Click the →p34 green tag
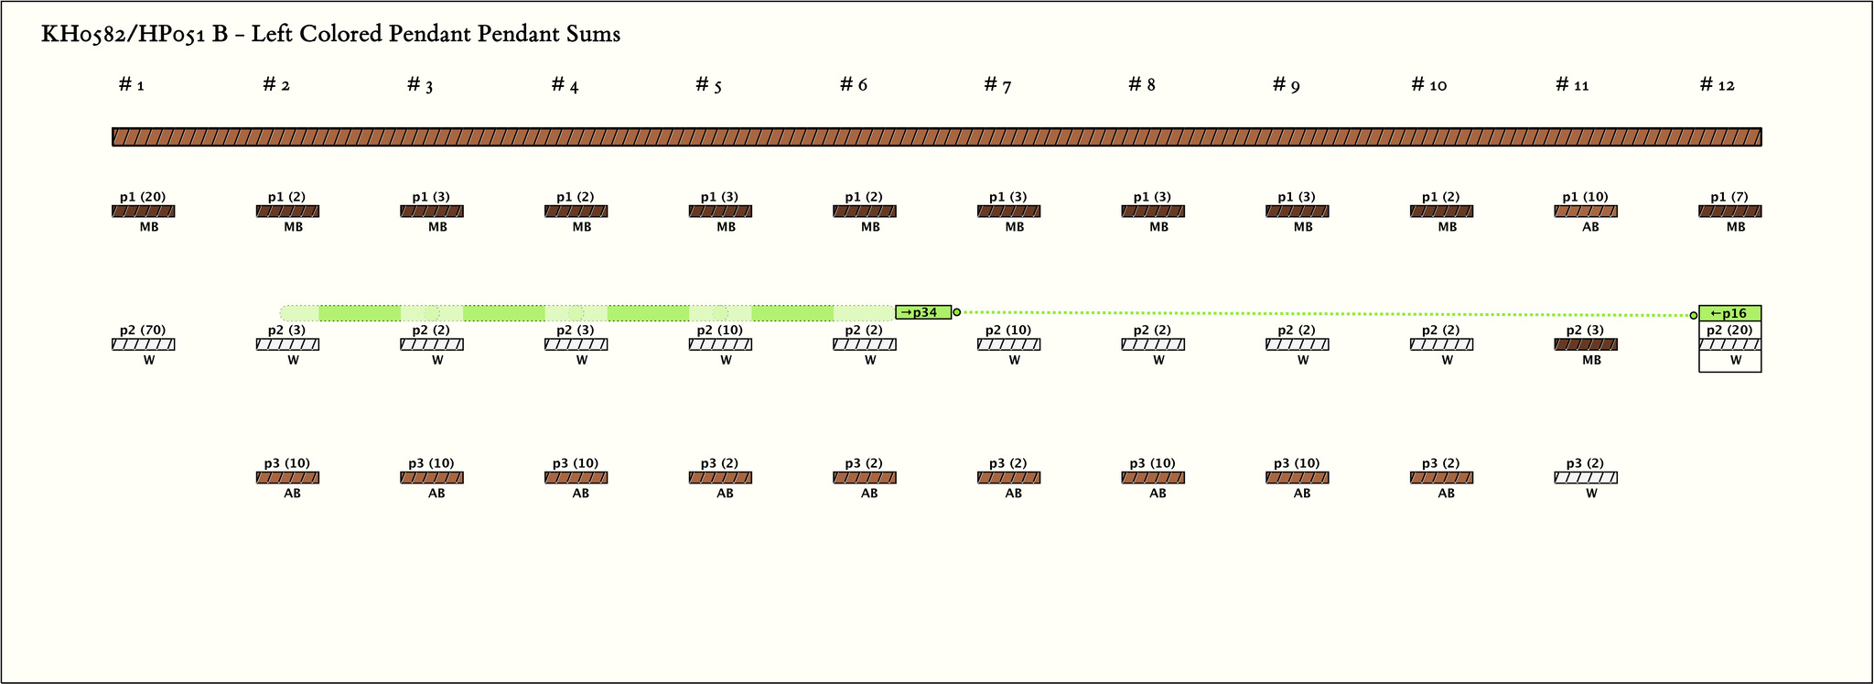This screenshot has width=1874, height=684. click(922, 312)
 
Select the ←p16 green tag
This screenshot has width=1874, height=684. click(1729, 313)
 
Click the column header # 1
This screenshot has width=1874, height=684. click(132, 85)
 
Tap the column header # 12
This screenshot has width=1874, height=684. click(1717, 85)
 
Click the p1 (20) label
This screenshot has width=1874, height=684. click(143, 197)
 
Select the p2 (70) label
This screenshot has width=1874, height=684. click(143, 330)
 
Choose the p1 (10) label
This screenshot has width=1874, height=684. click(1585, 197)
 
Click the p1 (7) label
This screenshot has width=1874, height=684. click(1729, 197)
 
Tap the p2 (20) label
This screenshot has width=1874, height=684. click(1729, 330)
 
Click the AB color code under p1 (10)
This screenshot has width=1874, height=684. click(1591, 227)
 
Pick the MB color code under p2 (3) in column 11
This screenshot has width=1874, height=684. click(1591, 360)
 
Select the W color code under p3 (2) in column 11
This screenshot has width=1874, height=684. click(1591, 493)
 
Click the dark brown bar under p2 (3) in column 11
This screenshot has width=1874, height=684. click(1586, 344)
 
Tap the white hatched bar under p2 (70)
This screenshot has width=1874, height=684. click(144, 344)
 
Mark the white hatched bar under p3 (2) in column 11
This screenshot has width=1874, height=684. click(1586, 477)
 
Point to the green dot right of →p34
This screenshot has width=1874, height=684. click(957, 312)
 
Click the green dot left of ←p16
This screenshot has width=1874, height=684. click(1693, 315)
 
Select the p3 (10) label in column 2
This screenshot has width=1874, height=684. click(287, 463)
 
